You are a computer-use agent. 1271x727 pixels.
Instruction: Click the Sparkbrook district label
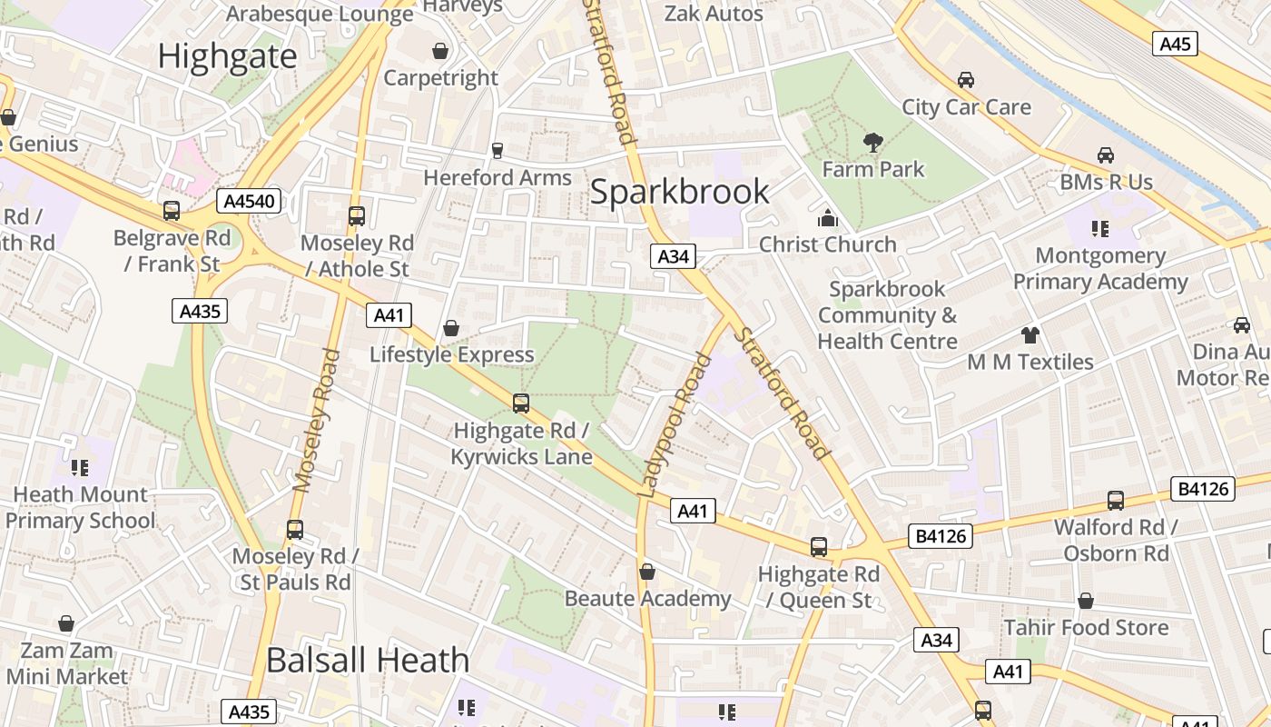pos(679,192)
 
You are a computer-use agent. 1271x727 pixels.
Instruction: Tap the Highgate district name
pos(227,56)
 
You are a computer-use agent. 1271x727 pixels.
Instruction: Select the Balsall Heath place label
pos(368,660)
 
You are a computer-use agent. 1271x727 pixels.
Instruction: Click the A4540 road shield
pos(248,201)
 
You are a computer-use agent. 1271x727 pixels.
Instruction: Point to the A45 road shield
pos(1176,44)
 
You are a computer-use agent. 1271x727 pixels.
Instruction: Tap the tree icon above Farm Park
pos(872,142)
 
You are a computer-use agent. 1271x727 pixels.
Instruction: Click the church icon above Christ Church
pos(827,218)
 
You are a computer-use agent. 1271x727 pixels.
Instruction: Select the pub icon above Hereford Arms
pos(497,150)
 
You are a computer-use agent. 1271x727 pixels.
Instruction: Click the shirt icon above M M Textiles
pos(1030,334)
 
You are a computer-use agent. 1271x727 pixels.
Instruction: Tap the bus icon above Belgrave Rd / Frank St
pos(172,211)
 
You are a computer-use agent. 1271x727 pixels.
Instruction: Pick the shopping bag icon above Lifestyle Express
pos(451,328)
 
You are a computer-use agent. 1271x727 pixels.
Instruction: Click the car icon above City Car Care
pos(966,80)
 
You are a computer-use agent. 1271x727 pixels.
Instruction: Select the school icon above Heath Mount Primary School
pos(80,468)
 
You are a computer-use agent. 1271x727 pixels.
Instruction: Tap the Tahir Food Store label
pos(1086,628)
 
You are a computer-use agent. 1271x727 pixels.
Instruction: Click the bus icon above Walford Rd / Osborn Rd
pos(1116,501)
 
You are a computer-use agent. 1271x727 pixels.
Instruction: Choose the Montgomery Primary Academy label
pos(1100,269)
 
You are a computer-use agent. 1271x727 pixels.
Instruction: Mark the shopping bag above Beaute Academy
pos(647,572)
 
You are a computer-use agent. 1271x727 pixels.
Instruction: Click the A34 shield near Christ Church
pos(673,257)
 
